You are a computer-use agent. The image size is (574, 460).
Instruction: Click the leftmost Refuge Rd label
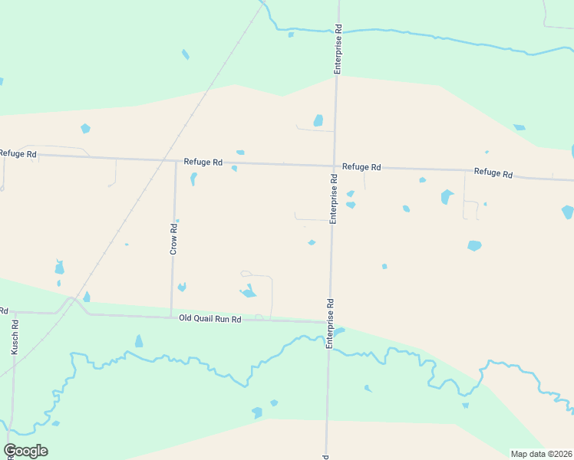(18, 154)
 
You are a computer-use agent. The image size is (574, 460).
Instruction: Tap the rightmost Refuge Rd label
(493, 172)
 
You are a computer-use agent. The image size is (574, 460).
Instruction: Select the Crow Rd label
(174, 238)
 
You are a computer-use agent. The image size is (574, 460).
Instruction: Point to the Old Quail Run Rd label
(210, 318)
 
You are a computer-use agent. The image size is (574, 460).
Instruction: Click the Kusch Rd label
(15, 336)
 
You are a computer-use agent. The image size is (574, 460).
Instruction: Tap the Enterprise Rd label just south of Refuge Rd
(334, 199)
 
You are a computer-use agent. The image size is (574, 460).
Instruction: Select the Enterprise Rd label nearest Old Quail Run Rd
(330, 323)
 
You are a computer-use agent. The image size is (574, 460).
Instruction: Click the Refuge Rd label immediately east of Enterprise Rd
(361, 167)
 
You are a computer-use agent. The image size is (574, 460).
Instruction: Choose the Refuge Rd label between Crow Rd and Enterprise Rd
(203, 163)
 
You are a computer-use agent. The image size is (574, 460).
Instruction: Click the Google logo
(25, 451)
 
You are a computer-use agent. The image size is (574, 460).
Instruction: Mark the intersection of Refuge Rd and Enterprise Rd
(335, 166)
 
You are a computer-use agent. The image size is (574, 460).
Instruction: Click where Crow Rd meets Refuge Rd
(175, 161)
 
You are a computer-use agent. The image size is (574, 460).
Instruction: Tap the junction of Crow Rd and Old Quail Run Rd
(171, 316)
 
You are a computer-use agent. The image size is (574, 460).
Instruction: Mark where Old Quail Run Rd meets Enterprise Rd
(331, 322)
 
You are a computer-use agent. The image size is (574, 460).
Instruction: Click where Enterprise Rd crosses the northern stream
(338, 31)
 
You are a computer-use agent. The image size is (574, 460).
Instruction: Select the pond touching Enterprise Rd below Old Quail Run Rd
(339, 332)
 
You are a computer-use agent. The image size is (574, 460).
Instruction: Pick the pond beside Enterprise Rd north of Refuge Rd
(318, 120)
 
